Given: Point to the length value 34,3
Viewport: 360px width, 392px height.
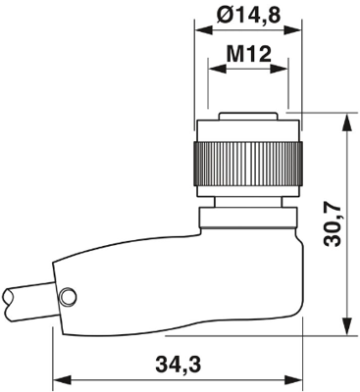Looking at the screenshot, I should pyautogui.click(x=179, y=366).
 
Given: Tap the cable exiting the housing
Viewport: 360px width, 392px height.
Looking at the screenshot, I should pyautogui.click(x=25, y=297).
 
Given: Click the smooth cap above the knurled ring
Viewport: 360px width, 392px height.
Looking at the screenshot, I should pyautogui.click(x=249, y=129).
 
